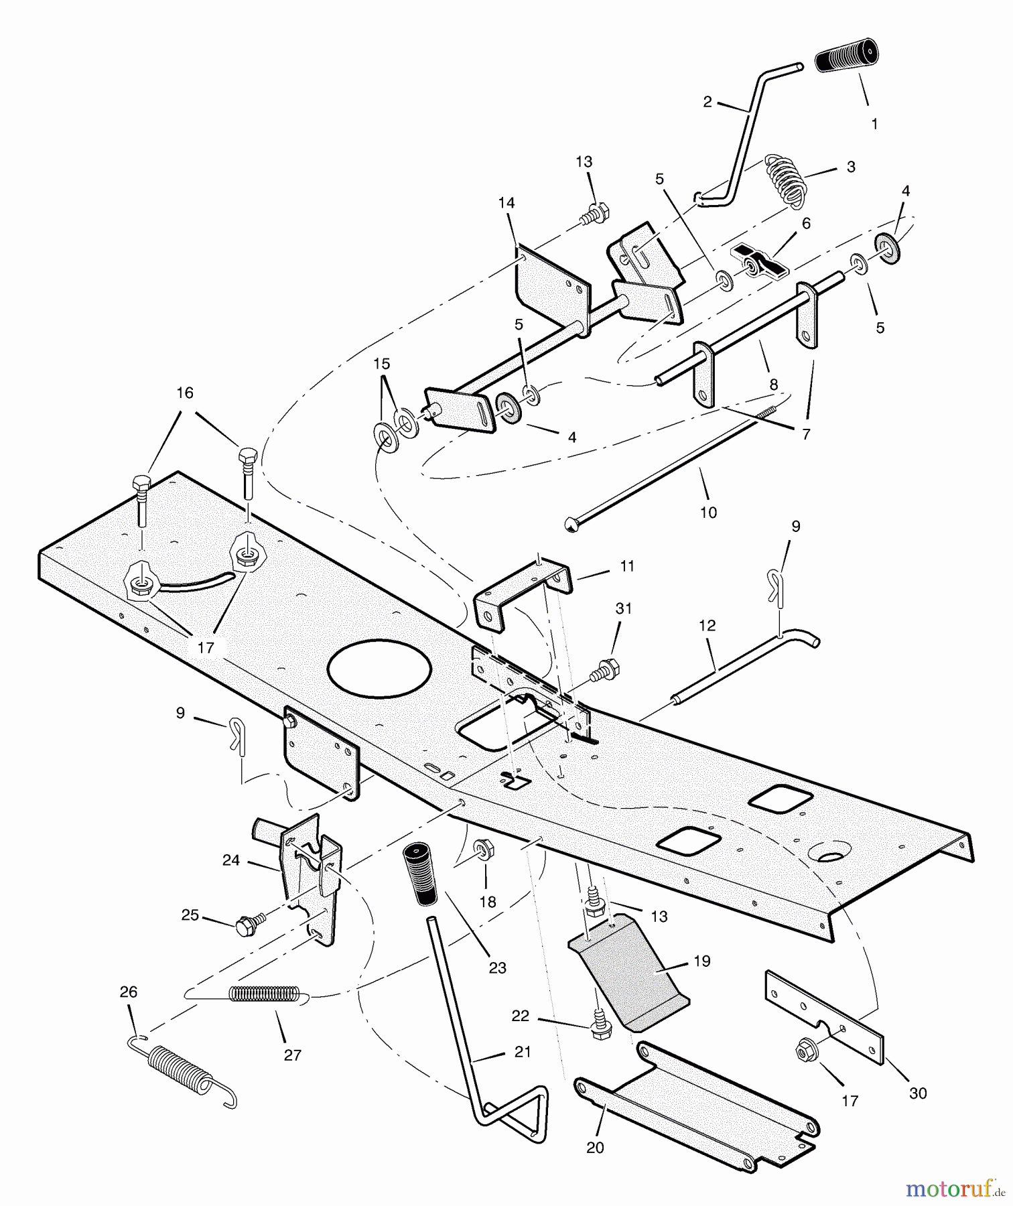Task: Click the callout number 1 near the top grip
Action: pos(874,124)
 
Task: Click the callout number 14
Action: pos(506,202)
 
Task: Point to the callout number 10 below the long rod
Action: pos(708,513)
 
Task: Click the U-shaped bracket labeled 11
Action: pos(523,590)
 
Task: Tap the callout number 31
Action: pos(624,608)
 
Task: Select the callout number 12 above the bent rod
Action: pos(707,625)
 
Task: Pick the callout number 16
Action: pos(185,393)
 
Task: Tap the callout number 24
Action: pos(231,860)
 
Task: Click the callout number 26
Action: pos(128,992)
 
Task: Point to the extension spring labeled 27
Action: pos(264,994)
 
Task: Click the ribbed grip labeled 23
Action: pos(419,874)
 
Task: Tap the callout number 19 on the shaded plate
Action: pos(701,961)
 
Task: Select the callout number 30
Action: pos(918,1093)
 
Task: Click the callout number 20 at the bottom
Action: pos(595,1148)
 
